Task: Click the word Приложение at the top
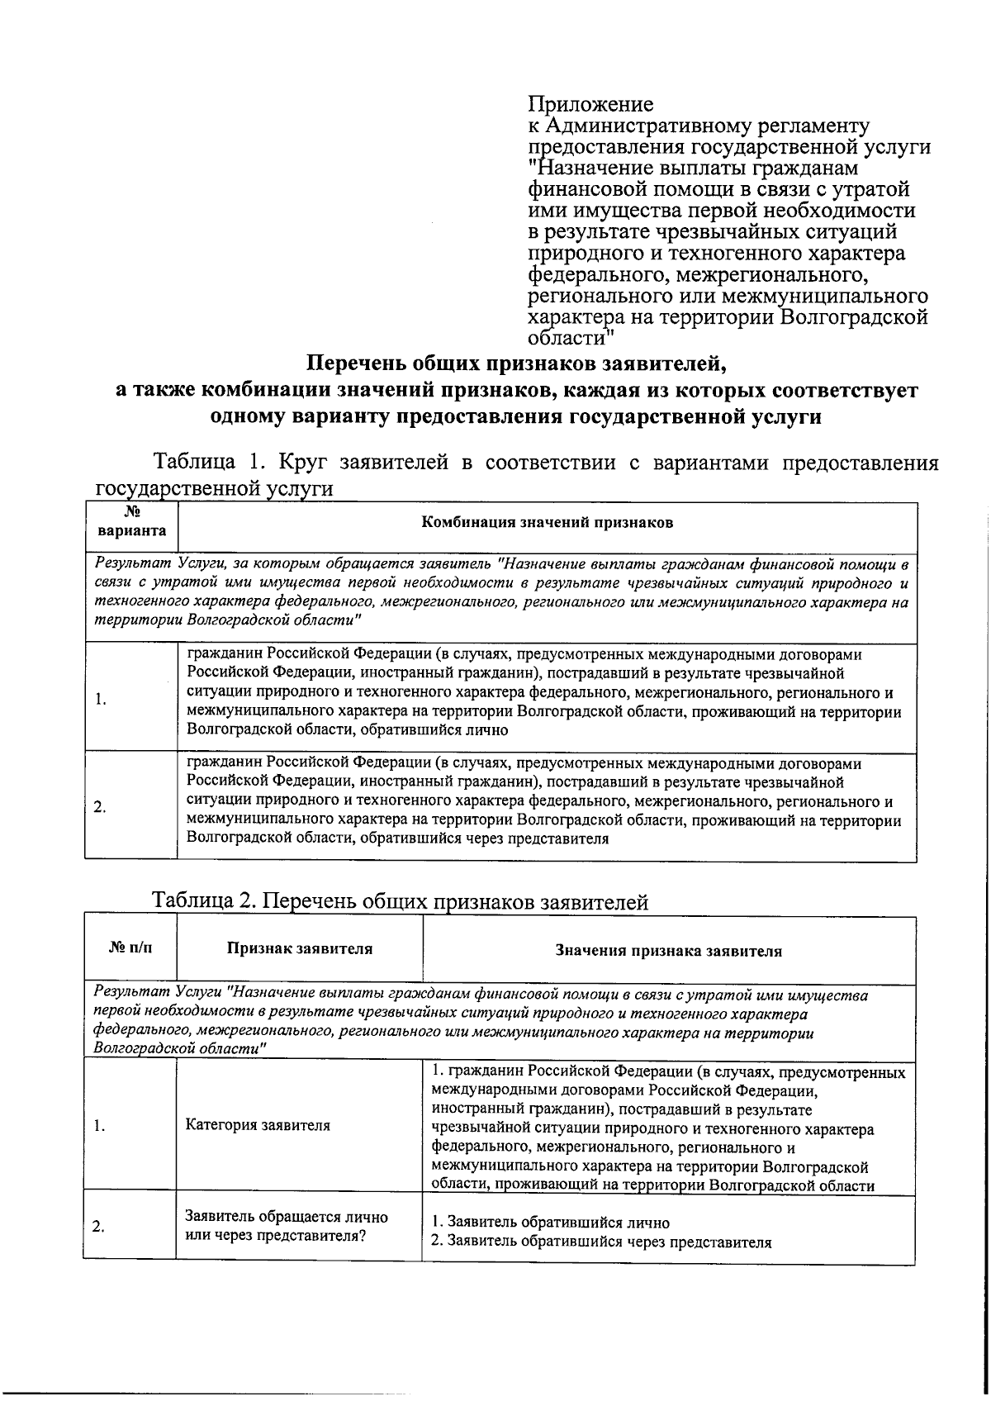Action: pos(590,105)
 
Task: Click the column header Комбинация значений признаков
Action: pos(548,523)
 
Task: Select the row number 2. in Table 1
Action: pos(99,807)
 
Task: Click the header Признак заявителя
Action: pos(300,949)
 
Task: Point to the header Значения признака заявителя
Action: pos(668,951)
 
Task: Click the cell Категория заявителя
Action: pos(258,1125)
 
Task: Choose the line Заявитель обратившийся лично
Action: pos(551,1223)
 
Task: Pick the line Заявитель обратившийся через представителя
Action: pos(602,1242)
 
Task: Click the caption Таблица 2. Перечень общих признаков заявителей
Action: pos(401,902)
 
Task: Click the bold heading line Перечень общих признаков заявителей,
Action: pos(515,363)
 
